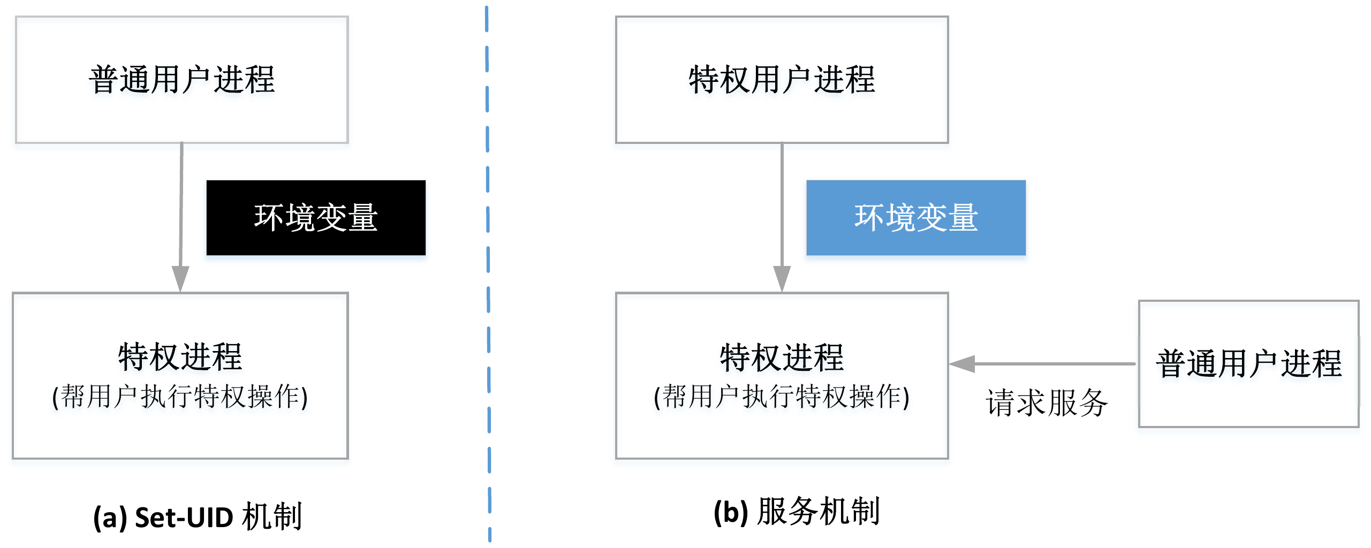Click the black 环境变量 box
coord(316,218)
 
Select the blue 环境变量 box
coord(916,218)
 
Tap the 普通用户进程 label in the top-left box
coord(182,80)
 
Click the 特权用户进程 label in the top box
coord(782,80)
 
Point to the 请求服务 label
coord(1047,402)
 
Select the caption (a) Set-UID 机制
coord(198,517)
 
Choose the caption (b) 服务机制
coord(797,512)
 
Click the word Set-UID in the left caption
coord(184,517)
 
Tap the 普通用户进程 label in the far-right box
coord(1248,364)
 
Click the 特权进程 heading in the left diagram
coord(180,357)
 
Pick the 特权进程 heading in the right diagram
coord(782,357)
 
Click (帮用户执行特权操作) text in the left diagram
coord(180,397)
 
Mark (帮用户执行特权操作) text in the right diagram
coord(782,397)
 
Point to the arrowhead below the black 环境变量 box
coord(180,278)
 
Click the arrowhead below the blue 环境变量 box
coord(782,278)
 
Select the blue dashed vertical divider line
coord(488,268)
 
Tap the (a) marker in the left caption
coord(110,517)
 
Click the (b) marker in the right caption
coord(730,512)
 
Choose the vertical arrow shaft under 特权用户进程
coord(782,203)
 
